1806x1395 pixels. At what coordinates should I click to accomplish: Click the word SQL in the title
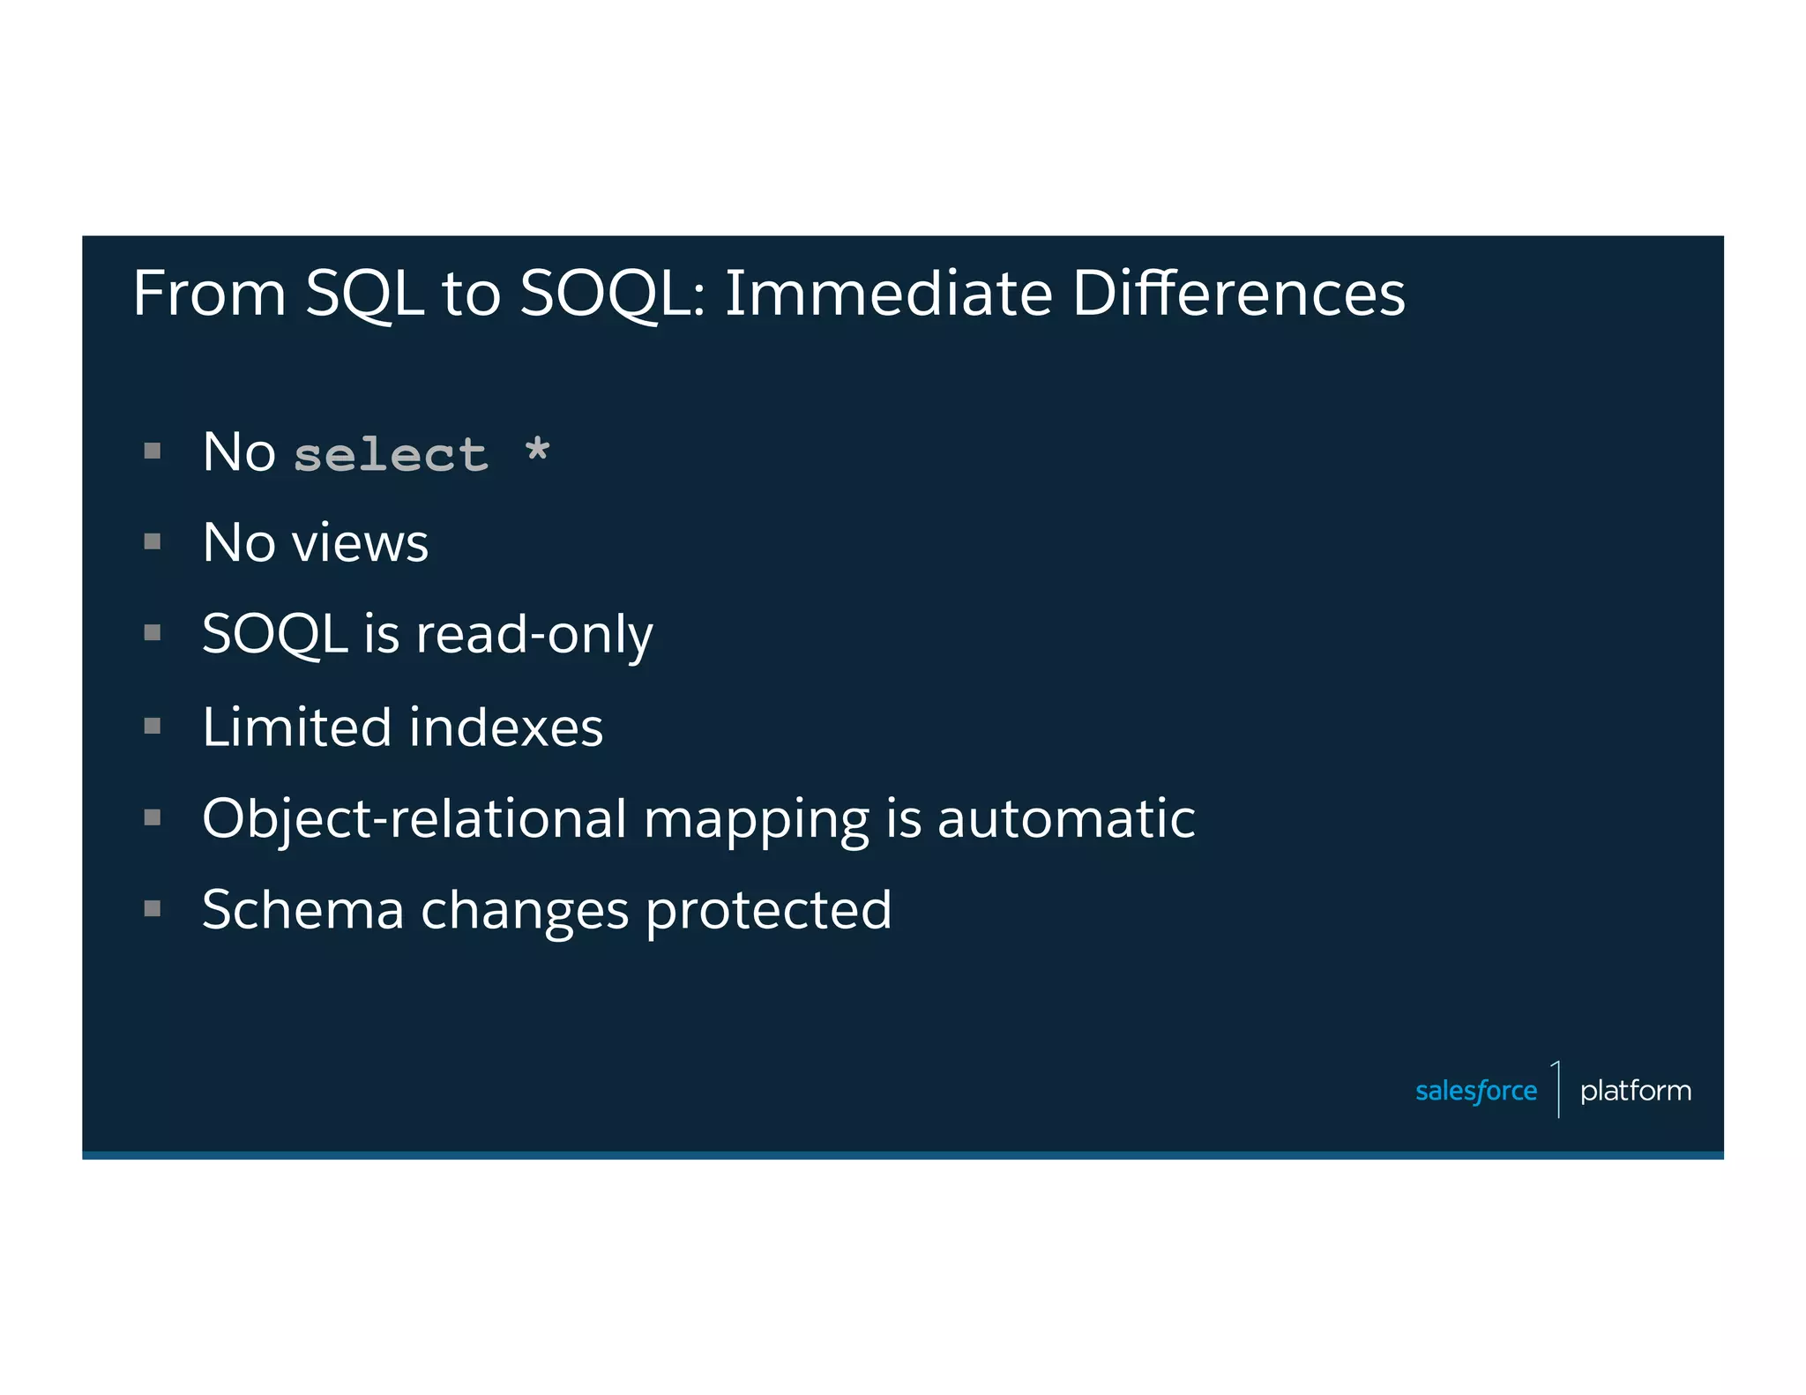point(364,294)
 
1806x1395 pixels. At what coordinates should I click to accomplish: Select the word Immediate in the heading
point(888,294)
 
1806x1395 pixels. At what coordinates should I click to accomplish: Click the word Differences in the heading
point(1238,294)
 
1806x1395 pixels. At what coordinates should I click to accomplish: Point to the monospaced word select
point(391,456)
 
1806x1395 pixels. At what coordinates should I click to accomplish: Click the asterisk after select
point(537,451)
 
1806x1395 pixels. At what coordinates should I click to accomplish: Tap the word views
point(360,542)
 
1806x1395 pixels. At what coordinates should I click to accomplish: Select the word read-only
point(534,635)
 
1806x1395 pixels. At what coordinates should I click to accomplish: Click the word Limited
point(296,727)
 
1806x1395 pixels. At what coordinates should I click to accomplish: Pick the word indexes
point(506,727)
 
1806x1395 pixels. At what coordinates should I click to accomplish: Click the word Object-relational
point(414,819)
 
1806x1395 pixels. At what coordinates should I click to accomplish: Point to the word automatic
point(1065,819)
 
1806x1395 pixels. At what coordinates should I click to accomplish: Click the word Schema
point(302,910)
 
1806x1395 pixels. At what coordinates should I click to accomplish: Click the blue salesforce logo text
point(1475,1092)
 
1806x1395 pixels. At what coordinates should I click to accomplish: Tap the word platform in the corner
point(1635,1092)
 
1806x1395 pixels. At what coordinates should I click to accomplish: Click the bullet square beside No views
point(153,541)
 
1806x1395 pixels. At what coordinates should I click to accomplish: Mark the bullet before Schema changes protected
point(153,908)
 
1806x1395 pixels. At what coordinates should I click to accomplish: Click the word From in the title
point(209,294)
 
